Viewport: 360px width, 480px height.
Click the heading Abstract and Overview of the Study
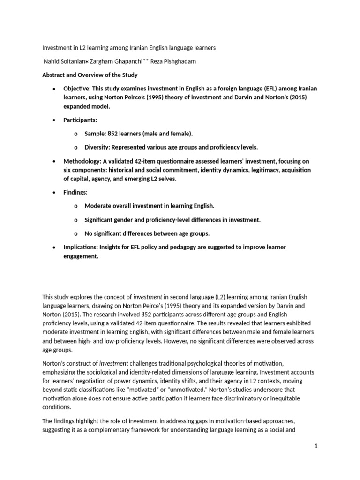[x=90, y=75]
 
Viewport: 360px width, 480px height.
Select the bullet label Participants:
[x=80, y=120]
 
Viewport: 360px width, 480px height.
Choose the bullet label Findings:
[x=75, y=192]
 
